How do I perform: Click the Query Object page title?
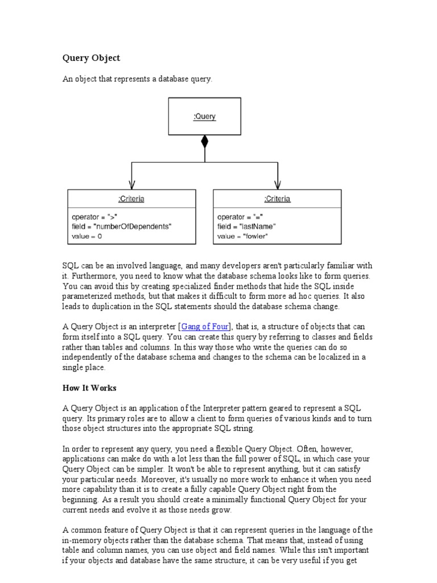(91, 58)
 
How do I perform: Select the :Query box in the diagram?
(204, 117)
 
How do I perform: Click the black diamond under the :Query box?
(205, 142)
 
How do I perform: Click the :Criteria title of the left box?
(131, 199)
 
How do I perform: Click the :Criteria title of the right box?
(277, 199)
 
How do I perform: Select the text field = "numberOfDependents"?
(121, 226)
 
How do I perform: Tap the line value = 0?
(87, 236)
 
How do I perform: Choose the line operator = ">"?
(94, 217)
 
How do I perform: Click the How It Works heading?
(89, 388)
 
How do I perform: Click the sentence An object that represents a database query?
(137, 79)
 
